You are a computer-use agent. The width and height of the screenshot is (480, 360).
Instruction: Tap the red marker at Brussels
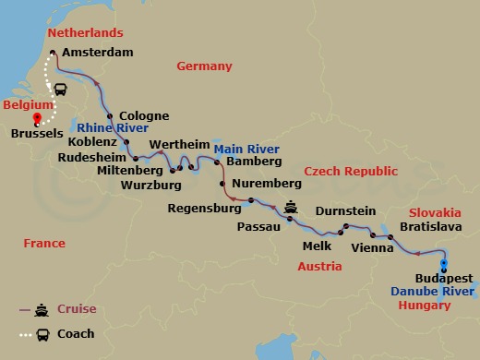(x=37, y=117)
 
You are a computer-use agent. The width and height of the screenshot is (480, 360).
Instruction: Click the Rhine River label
(x=114, y=128)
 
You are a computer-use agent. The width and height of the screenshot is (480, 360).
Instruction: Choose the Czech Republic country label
(x=353, y=172)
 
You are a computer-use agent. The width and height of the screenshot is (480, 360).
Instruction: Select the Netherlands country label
(x=84, y=33)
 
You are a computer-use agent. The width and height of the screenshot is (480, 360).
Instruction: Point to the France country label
(x=43, y=244)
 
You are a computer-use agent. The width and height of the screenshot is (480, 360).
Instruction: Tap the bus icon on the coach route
(x=60, y=90)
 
